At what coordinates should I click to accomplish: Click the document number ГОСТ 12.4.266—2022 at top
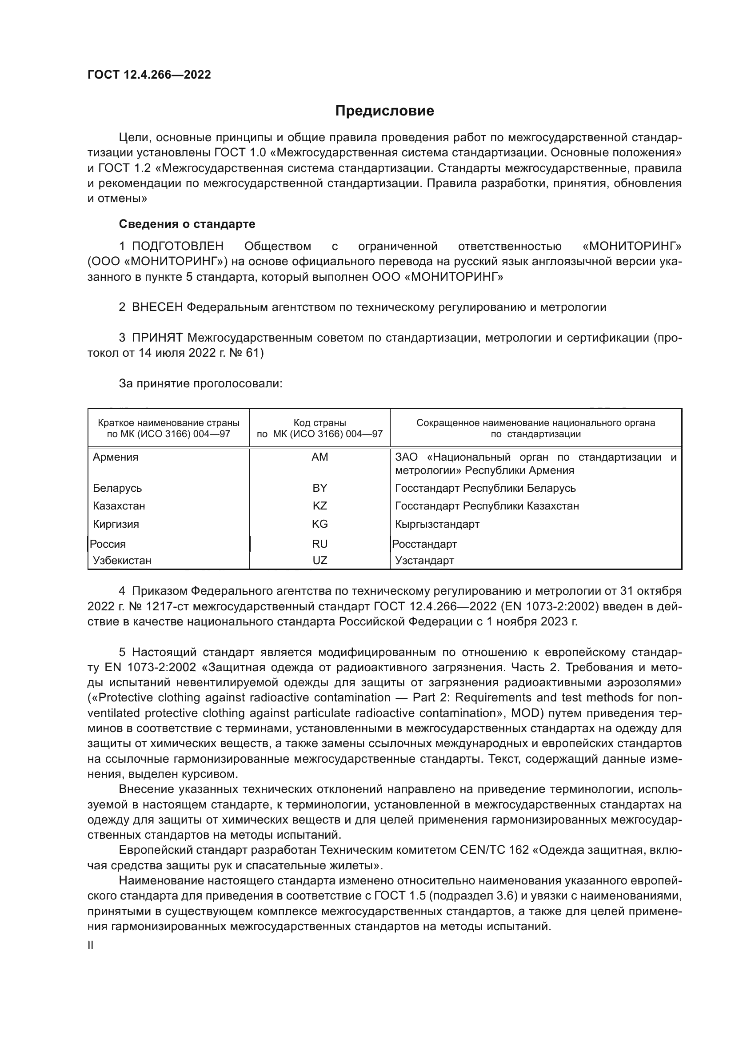pyautogui.click(x=149, y=75)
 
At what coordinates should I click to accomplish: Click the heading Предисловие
pyautogui.click(x=384, y=111)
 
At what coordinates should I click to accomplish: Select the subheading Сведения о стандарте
pyautogui.click(x=187, y=224)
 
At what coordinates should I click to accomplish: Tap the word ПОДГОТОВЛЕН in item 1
pyautogui.click(x=177, y=246)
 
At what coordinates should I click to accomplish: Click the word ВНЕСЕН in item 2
pyautogui.click(x=157, y=307)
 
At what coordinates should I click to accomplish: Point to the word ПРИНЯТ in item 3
pyautogui.click(x=157, y=338)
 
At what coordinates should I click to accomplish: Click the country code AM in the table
pyautogui.click(x=320, y=457)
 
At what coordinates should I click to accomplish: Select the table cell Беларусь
pyautogui.click(x=117, y=488)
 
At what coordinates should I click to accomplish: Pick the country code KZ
pyautogui.click(x=320, y=506)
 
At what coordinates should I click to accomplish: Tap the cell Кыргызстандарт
pyautogui.click(x=437, y=524)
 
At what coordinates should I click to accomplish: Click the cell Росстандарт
pyautogui.click(x=424, y=544)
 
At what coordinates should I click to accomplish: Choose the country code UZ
pyautogui.click(x=320, y=561)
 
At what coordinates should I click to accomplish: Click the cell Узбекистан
pyautogui.click(x=122, y=561)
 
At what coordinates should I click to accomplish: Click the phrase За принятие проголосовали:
pyautogui.click(x=200, y=384)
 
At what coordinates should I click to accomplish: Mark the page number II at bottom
pyautogui.click(x=91, y=945)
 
